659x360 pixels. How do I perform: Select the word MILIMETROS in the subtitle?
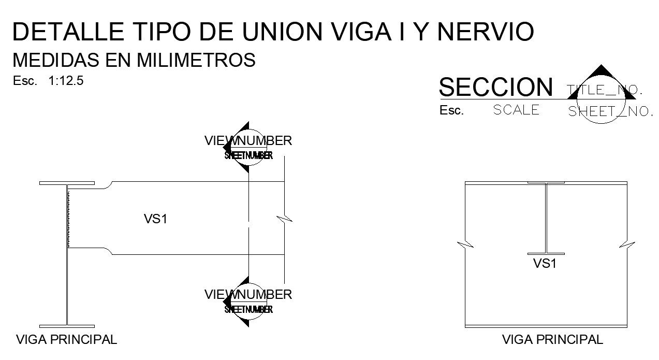(x=196, y=61)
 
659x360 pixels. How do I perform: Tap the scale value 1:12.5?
(x=66, y=81)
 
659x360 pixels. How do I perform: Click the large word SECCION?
(x=495, y=87)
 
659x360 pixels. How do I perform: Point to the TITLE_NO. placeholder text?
(x=605, y=90)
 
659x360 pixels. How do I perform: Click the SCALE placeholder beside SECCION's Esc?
(x=516, y=110)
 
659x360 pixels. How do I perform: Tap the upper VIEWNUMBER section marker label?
(x=248, y=140)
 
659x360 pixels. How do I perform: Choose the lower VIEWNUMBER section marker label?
(x=248, y=295)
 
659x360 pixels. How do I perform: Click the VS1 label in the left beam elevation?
(x=155, y=219)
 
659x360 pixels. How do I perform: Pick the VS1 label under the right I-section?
(x=545, y=264)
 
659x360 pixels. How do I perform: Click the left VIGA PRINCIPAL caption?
(x=67, y=340)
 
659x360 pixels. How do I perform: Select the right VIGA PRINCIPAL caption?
(x=553, y=340)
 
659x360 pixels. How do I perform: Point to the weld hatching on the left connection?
(x=68, y=218)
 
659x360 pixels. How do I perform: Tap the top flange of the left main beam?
(x=67, y=183)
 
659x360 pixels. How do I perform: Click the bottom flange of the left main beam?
(x=67, y=326)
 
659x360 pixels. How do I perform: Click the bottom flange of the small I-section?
(x=546, y=254)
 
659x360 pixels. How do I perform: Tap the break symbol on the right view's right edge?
(x=627, y=244)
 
